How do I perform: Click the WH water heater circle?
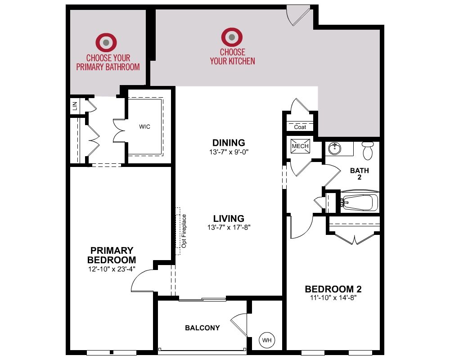[x=266, y=340]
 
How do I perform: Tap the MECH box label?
[x=300, y=146]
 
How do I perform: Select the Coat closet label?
[x=300, y=127]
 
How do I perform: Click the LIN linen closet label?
[x=75, y=106]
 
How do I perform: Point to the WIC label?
[x=144, y=126]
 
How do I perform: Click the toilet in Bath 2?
[x=368, y=150]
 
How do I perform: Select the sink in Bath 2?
[x=334, y=148]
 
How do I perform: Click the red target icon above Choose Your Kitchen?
[x=232, y=37]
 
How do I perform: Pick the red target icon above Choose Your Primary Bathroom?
[x=106, y=42]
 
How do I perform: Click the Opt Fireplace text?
[x=184, y=231]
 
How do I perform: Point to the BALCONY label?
[x=202, y=328]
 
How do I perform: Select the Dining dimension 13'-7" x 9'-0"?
[x=229, y=152]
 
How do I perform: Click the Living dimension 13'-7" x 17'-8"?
[x=229, y=227]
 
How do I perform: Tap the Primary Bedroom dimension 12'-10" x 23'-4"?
[x=112, y=269]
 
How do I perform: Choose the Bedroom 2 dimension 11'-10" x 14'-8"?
[x=333, y=298]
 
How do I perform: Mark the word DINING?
[x=229, y=143]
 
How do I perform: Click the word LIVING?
[x=229, y=218]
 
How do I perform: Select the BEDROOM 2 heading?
[x=333, y=289]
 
